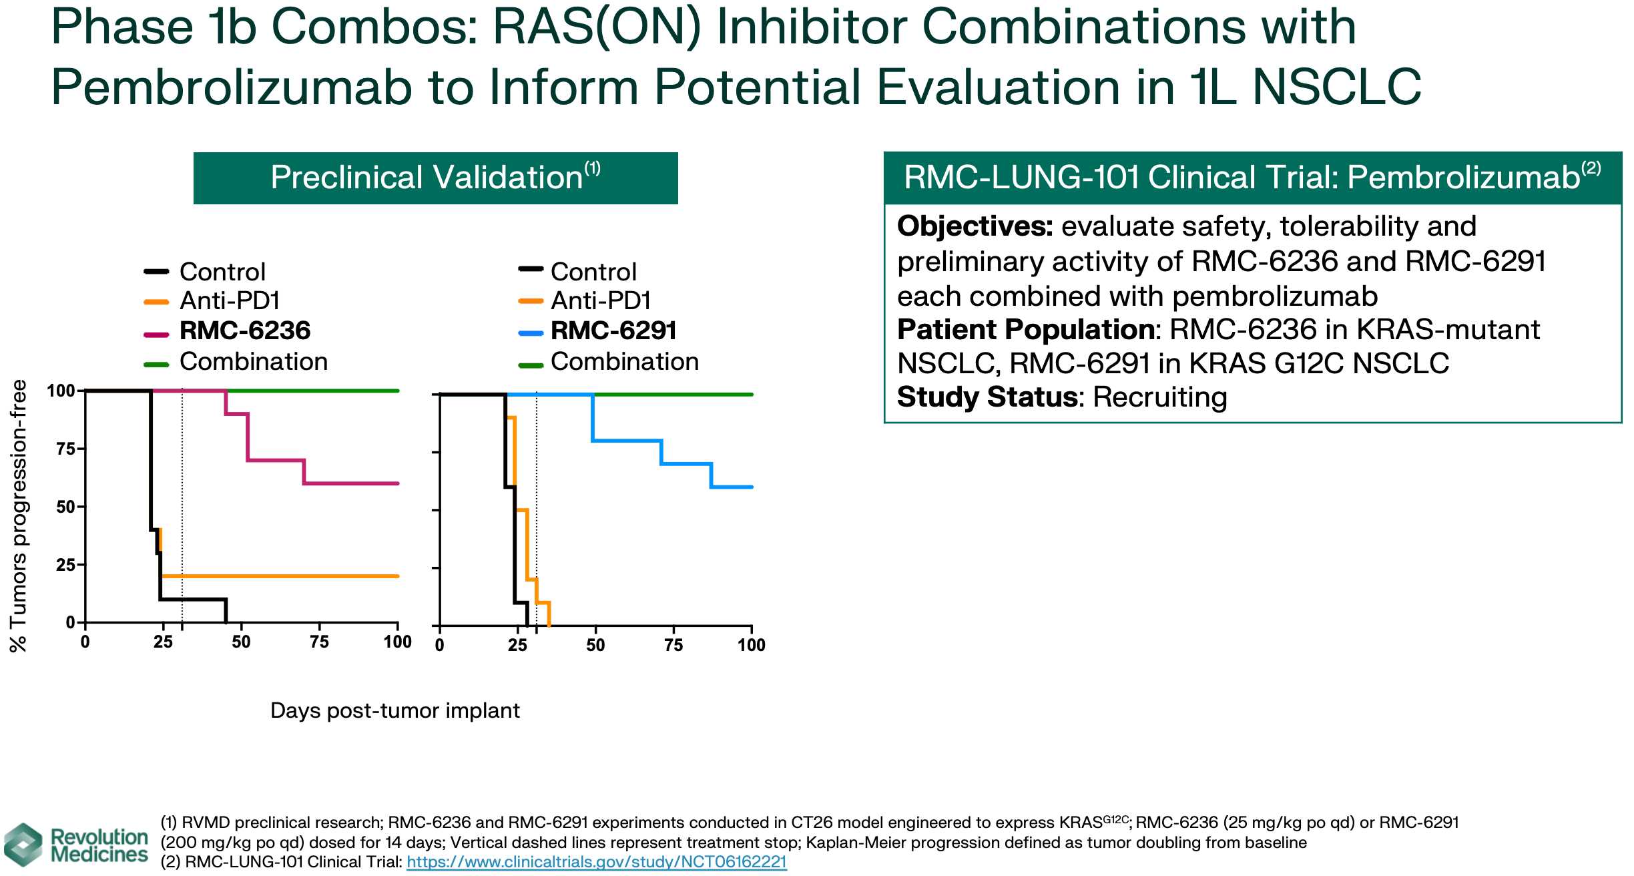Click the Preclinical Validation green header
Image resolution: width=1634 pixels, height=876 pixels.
[435, 178]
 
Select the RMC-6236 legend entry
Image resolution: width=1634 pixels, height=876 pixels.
[245, 331]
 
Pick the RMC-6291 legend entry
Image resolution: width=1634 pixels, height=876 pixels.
[613, 331]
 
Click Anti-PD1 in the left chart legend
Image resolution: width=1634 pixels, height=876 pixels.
[230, 301]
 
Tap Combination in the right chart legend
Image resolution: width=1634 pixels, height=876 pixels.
[624, 361]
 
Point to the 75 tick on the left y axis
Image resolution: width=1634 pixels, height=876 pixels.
[65, 449]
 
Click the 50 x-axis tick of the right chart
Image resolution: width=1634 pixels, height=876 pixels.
[595, 645]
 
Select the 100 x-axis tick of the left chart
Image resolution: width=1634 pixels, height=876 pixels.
[397, 642]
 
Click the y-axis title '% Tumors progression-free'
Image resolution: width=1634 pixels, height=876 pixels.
[18, 515]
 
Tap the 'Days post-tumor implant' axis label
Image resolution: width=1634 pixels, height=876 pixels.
[394, 710]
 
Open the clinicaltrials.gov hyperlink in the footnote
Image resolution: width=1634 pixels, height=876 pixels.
[596, 862]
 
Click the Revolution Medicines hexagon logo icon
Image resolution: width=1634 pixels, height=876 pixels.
[23, 845]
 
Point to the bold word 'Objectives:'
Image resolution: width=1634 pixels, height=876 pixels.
[975, 226]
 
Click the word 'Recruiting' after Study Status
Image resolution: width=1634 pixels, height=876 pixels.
[1160, 397]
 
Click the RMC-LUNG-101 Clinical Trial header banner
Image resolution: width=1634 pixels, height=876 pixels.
[1252, 178]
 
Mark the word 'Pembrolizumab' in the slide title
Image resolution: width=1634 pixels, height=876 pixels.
[231, 87]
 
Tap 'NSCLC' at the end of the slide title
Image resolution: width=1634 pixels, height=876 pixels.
[1336, 87]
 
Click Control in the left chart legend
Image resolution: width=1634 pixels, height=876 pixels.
[222, 272]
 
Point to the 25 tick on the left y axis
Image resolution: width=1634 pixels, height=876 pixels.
[65, 565]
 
